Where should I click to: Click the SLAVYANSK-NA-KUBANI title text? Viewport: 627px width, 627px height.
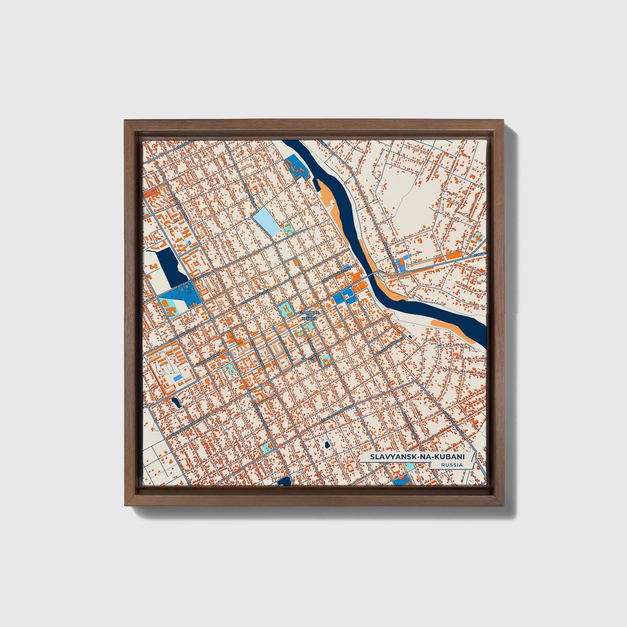coord(417,457)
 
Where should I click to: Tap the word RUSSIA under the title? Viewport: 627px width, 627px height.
coord(451,465)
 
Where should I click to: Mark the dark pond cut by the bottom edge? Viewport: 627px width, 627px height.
coord(285,481)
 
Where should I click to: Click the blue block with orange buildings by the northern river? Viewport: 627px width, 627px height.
coord(297,169)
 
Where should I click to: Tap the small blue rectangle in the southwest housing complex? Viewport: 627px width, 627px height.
coord(178,379)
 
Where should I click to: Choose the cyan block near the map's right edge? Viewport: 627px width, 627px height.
coord(479,237)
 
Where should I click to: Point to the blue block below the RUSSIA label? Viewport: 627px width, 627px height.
coord(402,479)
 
